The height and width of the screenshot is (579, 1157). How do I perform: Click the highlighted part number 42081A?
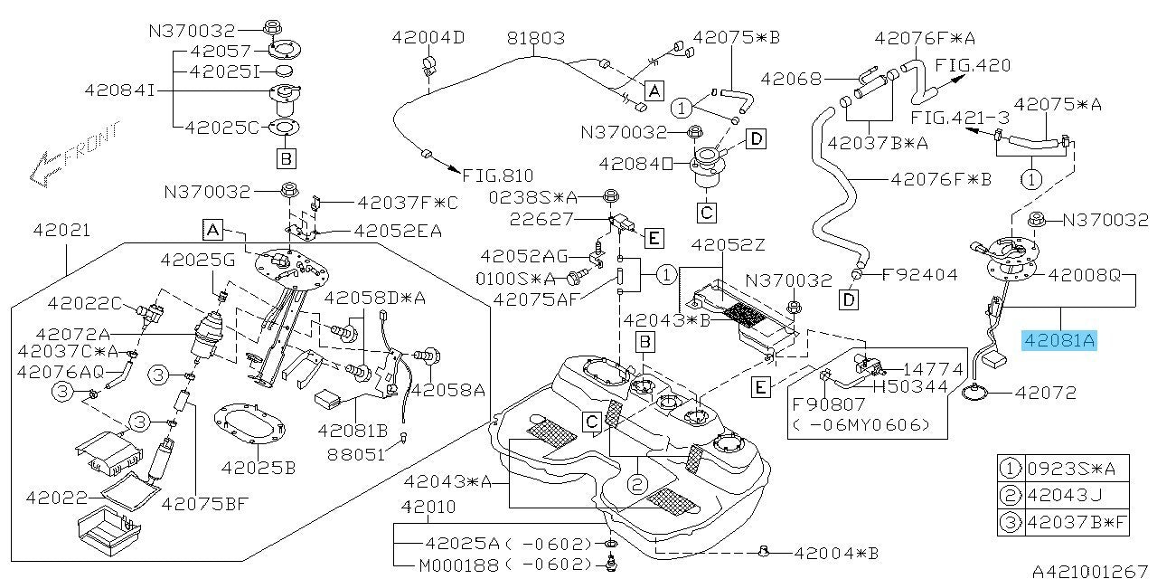pos(1058,340)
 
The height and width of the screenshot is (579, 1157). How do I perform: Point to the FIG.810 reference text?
pos(497,176)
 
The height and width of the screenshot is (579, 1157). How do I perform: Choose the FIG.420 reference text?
pos(973,65)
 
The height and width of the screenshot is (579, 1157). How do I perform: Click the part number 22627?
pos(568,218)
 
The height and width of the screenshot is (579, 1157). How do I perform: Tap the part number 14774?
pos(921,368)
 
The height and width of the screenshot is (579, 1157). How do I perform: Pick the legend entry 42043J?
pos(1076,495)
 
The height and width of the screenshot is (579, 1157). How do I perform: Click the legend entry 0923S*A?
pos(1076,468)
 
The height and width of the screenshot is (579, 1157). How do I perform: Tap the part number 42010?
pos(428,508)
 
